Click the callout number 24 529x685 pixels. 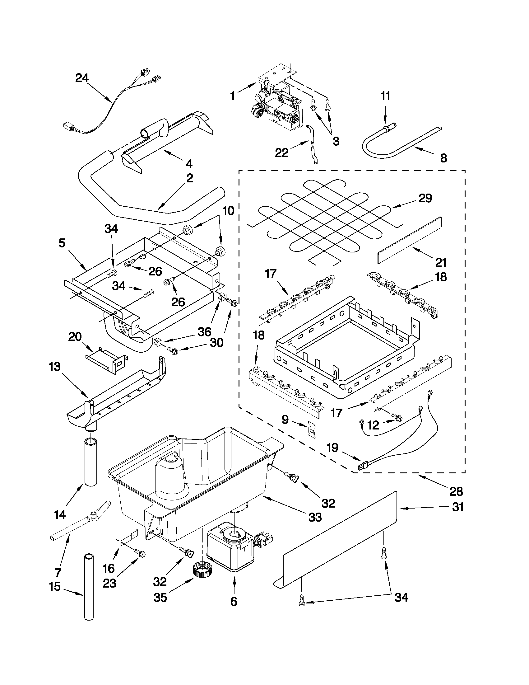pos(82,78)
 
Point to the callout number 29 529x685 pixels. pos(425,198)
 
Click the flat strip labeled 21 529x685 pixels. pos(409,240)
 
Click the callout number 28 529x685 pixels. pos(456,491)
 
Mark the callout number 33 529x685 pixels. pos(315,517)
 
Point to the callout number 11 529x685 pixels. pos(385,96)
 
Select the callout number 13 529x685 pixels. pos(54,366)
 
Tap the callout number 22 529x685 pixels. pos(282,153)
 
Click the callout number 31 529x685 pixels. pos(458,507)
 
